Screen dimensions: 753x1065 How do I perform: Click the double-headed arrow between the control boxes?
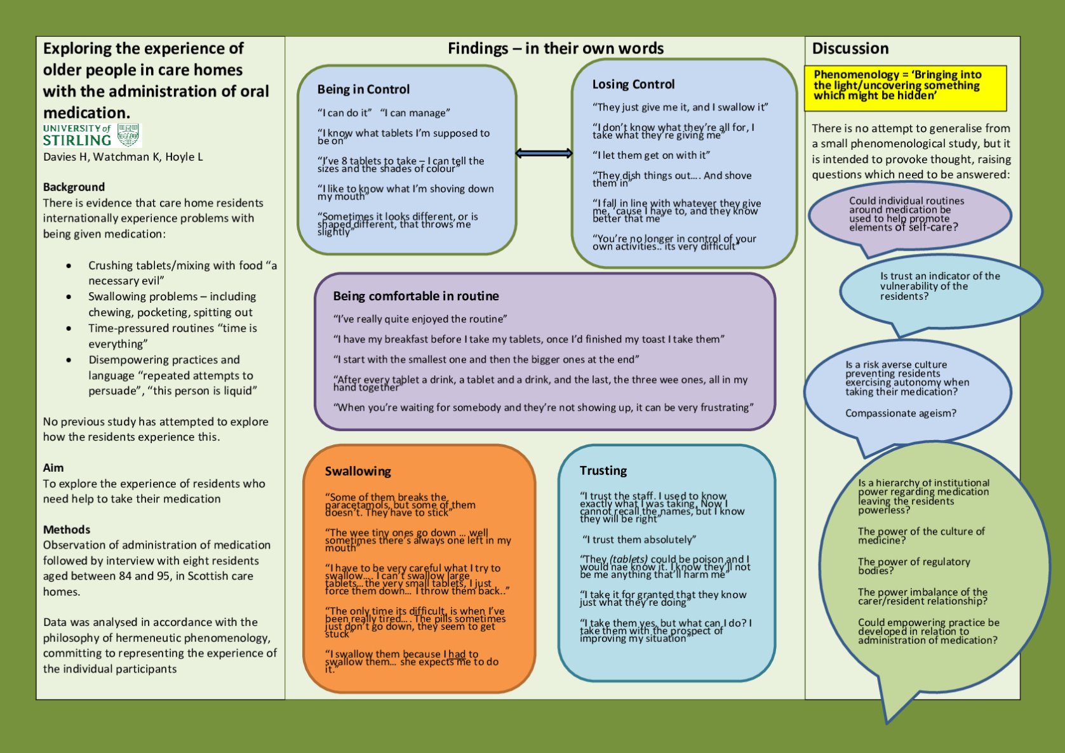pyautogui.click(x=544, y=153)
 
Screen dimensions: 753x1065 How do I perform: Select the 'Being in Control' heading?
pyautogui.click(x=363, y=90)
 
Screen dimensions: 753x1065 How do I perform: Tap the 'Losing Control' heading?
pyautogui.click(x=633, y=84)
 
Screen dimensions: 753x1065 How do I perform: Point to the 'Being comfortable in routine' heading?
pyautogui.click(x=416, y=296)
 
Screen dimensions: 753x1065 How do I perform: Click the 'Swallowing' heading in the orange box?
pyautogui.click(x=358, y=471)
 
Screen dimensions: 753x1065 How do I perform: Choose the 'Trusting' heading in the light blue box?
pyautogui.click(x=603, y=470)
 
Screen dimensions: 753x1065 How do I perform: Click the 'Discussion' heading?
pyautogui.click(x=850, y=49)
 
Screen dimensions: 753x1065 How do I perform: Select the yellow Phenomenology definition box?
pyautogui.click(x=905, y=88)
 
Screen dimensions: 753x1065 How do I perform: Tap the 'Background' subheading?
pyautogui.click(x=74, y=187)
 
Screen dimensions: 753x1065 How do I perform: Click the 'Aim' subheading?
pyautogui.click(x=53, y=468)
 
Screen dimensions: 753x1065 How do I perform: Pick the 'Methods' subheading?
pyautogui.click(x=67, y=530)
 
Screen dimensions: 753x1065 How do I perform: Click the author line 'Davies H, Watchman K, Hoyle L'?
pyautogui.click(x=123, y=157)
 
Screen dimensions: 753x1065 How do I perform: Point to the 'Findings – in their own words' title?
pyautogui.click(x=556, y=49)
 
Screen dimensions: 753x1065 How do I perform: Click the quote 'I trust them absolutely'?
pyautogui.click(x=639, y=540)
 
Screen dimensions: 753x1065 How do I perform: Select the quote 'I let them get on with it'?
pyautogui.click(x=651, y=155)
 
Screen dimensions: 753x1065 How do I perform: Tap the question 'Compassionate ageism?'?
pyautogui.click(x=901, y=413)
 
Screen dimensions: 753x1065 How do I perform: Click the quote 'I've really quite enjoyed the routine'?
pyautogui.click(x=420, y=319)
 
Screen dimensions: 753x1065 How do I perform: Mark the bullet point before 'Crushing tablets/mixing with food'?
pyautogui.click(x=69, y=266)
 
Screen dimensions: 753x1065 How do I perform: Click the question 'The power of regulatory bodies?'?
pyautogui.click(x=914, y=566)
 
